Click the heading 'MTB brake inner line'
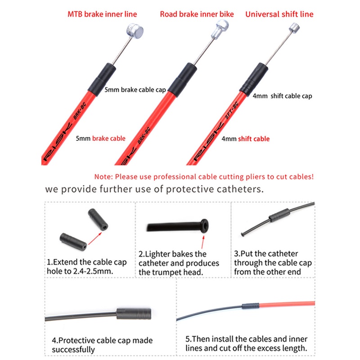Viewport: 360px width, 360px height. tap(102, 14)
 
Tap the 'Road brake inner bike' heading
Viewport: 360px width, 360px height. tap(197, 14)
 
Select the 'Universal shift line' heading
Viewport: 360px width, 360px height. tap(279, 14)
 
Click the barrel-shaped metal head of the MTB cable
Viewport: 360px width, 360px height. tap(135, 31)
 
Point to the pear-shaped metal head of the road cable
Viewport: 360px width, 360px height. tap(220, 29)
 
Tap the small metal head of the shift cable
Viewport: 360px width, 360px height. tap(294, 28)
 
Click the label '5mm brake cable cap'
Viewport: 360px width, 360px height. tap(135, 90)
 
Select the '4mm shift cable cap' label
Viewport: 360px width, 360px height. tap(283, 96)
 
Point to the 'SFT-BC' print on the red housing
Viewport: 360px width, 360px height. tap(231, 110)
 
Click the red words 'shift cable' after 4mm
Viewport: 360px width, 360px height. tap(254, 139)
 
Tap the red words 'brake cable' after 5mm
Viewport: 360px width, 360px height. tap(108, 139)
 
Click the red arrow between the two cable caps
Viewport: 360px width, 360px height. tap(95, 238)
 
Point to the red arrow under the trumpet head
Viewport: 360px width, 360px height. tap(203, 242)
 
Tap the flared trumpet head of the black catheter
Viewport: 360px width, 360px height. tap(204, 226)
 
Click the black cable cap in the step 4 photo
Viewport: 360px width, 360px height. tap(134, 314)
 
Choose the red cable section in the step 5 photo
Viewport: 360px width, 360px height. tap(287, 304)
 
